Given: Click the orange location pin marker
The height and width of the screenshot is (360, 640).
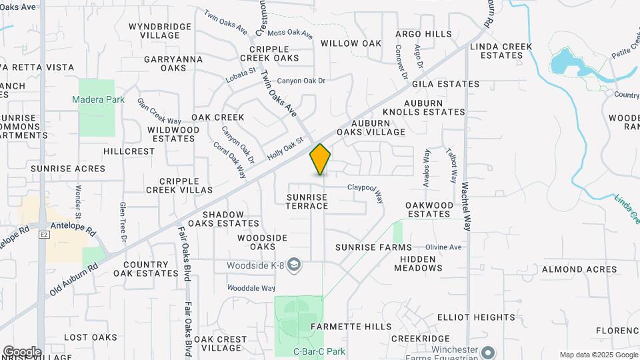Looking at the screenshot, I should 320,159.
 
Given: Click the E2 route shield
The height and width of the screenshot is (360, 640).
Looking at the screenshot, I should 45,235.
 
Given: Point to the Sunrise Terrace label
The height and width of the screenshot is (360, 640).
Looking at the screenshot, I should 307,202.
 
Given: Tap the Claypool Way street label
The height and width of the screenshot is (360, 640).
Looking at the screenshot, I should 366,191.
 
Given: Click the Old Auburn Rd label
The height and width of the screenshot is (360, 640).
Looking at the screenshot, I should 73,279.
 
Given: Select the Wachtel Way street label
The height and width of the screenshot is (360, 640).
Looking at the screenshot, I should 466,207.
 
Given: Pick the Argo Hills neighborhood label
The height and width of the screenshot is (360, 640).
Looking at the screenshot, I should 423,34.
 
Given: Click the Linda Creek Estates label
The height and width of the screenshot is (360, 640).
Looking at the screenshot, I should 501,51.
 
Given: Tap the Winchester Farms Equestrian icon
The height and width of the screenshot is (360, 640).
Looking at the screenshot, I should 489,351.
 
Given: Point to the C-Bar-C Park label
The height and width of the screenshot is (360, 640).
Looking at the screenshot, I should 317,351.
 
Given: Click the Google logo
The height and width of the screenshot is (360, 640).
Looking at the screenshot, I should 21,351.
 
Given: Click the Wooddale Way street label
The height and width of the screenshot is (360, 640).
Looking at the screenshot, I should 251,288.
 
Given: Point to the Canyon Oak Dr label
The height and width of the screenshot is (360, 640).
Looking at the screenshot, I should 301,81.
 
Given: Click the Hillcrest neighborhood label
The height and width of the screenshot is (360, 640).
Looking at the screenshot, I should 129,151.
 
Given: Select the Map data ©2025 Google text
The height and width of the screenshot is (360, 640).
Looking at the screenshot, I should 597,355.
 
